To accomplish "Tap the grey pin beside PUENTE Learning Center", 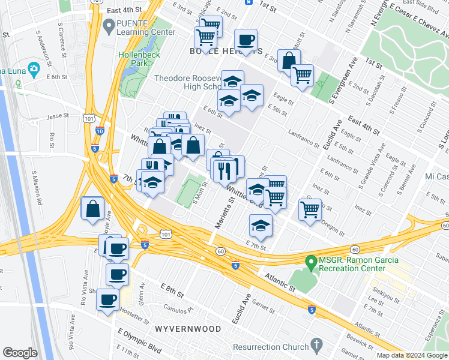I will (109, 26).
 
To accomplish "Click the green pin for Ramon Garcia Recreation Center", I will (310, 262).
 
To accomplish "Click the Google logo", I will (20, 353).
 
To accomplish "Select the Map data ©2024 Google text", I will (411, 355).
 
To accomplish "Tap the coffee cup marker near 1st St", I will (246, 41).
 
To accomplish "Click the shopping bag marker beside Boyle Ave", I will (92, 209).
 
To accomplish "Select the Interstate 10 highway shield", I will (99, 131).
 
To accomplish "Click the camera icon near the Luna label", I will (34, 69).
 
